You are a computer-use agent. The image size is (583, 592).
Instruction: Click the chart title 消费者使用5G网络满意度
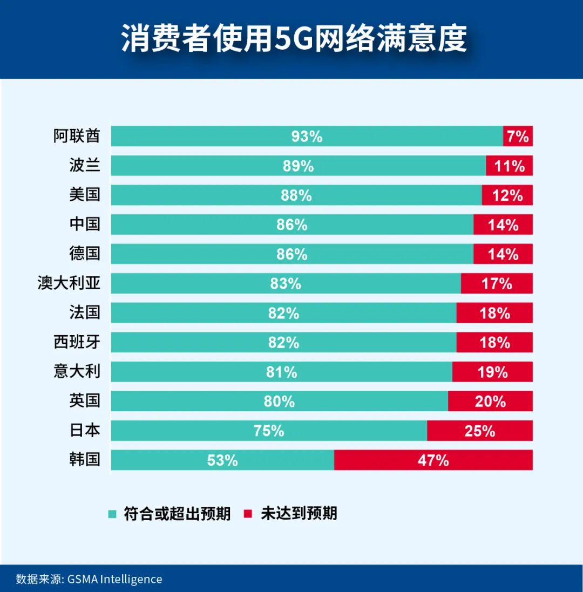[294, 38]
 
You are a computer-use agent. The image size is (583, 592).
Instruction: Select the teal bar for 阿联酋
[307, 136]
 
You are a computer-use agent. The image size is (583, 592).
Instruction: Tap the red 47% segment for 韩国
[433, 460]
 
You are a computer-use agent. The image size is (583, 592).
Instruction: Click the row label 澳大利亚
[69, 283]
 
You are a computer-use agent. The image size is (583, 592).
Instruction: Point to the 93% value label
[307, 137]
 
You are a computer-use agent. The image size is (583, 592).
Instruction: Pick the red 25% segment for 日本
[479, 431]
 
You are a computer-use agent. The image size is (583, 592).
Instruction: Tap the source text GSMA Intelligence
[114, 579]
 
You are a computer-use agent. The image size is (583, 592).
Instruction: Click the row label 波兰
[84, 165]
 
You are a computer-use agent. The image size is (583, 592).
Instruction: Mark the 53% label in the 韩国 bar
[222, 460]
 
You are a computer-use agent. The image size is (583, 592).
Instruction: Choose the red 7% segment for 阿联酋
[518, 137]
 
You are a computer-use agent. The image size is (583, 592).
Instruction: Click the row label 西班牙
[77, 342]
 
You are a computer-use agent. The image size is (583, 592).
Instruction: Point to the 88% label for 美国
[296, 195]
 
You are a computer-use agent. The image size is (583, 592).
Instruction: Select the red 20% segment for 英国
[490, 402]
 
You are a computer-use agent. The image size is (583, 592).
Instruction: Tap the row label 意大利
[77, 371]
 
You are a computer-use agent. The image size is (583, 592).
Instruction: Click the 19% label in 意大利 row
[492, 372]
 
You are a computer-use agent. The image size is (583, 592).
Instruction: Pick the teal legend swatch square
[112, 514]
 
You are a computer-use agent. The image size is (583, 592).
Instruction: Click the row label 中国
[84, 224]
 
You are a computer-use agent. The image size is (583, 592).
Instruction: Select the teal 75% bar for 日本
[269, 431]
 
